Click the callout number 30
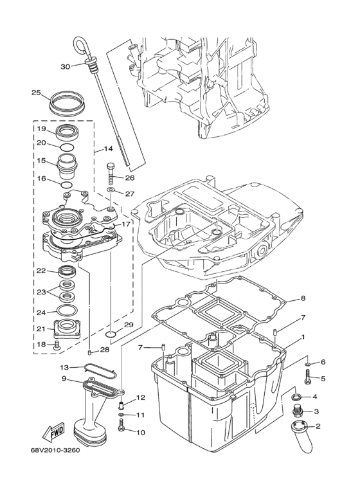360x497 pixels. [65, 67]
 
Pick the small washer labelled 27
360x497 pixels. [111, 192]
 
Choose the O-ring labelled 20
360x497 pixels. [66, 146]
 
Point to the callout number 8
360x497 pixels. [303, 298]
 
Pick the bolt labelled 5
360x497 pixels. [307, 379]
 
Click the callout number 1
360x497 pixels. [303, 337]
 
